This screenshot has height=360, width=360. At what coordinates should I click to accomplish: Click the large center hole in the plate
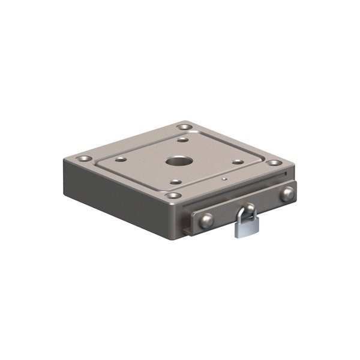(x=178, y=161)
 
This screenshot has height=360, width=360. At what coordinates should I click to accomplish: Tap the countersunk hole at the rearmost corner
(x=185, y=127)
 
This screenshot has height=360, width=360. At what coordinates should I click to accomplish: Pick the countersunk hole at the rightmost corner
(x=274, y=163)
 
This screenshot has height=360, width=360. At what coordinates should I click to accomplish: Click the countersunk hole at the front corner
(x=173, y=196)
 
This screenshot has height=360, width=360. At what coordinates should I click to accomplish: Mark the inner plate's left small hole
(x=121, y=159)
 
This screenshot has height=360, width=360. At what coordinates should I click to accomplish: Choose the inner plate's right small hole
(x=238, y=161)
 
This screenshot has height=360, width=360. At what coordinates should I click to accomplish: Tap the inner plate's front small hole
(x=175, y=182)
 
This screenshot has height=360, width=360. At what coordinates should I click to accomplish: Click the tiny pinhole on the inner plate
(x=223, y=178)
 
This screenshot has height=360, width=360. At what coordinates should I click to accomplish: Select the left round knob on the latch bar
(x=206, y=221)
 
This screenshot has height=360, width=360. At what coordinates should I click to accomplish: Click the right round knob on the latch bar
(x=287, y=194)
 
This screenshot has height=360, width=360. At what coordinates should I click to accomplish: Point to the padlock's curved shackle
(x=247, y=210)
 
